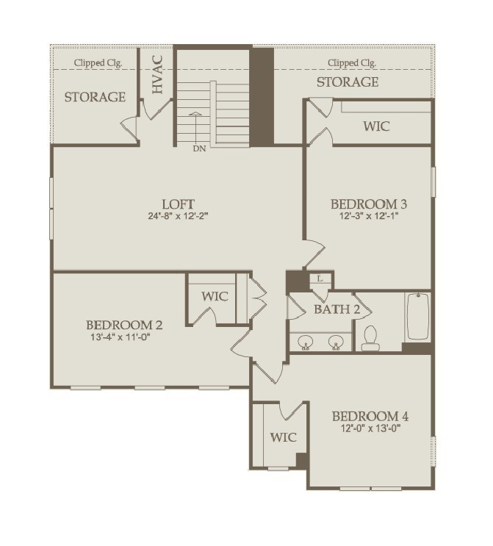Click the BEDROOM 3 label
click(x=369, y=204)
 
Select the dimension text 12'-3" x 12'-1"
click(x=369, y=217)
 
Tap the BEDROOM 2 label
click(x=124, y=325)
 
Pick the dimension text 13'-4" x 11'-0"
click(x=124, y=338)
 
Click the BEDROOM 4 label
click(x=370, y=416)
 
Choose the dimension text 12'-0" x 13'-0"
click(x=370, y=428)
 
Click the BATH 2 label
click(x=337, y=309)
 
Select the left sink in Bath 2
click(x=306, y=341)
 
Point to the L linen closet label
click(x=320, y=279)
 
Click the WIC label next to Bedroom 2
click(x=215, y=297)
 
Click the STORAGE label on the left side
click(x=95, y=97)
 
